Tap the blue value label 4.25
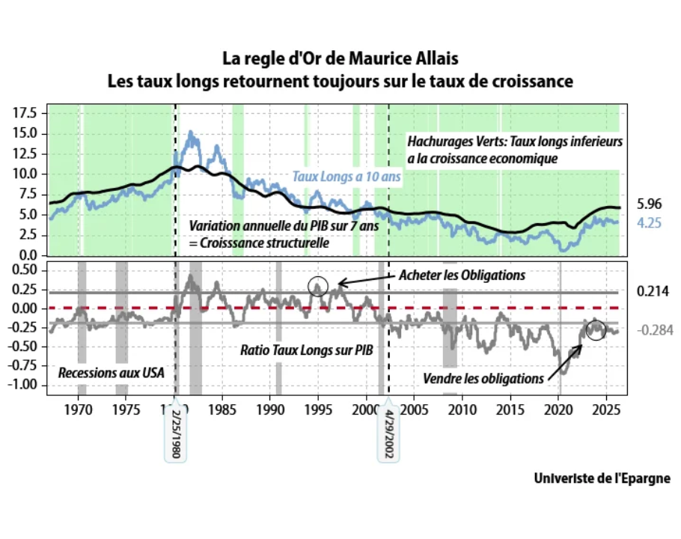point(650,222)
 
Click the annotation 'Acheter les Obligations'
point(461,275)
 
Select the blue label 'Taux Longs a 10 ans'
point(346,177)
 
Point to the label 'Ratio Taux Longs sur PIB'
point(306,350)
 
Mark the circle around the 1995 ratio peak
point(318,285)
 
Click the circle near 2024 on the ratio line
point(595,329)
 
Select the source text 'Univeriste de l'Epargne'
point(602,478)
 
